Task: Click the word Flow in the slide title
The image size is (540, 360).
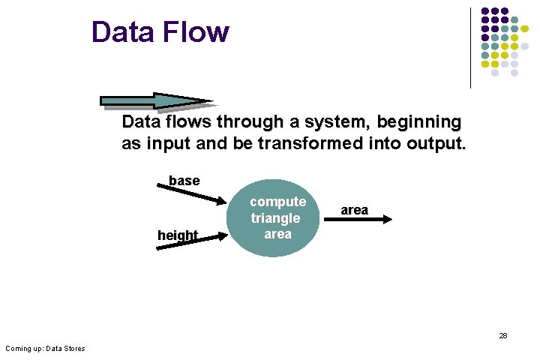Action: (x=195, y=32)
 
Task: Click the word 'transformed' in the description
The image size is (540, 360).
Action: (x=313, y=144)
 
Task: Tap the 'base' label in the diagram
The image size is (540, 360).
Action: (x=184, y=181)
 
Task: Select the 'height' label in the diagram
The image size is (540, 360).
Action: (x=178, y=235)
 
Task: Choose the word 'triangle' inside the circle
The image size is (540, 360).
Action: (x=275, y=218)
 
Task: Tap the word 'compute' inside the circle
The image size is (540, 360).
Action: (x=277, y=202)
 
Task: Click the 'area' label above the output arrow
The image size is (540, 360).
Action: (x=354, y=210)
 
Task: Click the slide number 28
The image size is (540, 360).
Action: (x=503, y=335)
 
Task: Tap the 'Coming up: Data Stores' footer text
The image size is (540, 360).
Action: (x=45, y=348)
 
